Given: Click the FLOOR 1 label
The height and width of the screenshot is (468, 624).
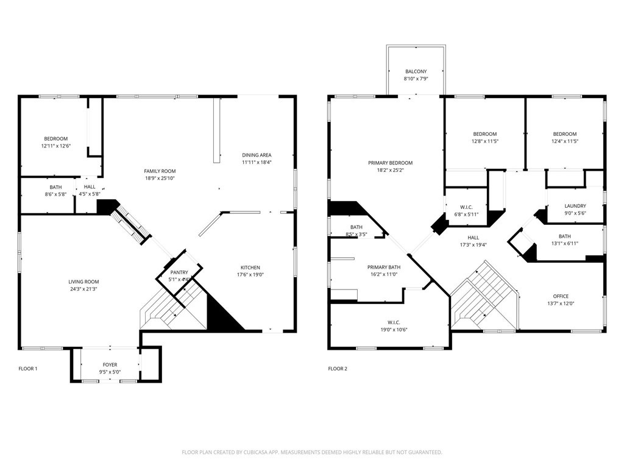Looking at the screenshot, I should pos(28,369).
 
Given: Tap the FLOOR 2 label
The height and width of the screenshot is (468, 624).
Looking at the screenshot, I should pos(338,369).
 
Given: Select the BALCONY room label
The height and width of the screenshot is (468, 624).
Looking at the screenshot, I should pos(416,71).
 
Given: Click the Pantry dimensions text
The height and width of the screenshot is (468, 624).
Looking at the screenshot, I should pos(179,280).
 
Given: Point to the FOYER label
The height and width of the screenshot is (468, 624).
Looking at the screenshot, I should pos(110,364).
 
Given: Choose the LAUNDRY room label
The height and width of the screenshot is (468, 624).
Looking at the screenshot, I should pos(575,206).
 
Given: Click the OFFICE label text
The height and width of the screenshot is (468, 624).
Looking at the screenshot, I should pos(561,296).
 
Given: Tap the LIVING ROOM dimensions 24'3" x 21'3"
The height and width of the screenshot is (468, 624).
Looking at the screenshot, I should pos(83,289).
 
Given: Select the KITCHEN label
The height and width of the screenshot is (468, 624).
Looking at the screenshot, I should pos(250,268).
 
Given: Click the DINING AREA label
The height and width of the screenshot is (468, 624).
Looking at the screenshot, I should pos(257,155).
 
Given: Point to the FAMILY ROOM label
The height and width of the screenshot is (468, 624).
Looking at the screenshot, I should pos(160,171).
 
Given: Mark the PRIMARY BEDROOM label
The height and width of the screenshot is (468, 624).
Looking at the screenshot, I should pos(390,163).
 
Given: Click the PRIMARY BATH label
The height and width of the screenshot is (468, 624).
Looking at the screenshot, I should pos(384,267).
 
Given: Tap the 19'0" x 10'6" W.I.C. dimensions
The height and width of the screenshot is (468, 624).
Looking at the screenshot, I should pos(394,330).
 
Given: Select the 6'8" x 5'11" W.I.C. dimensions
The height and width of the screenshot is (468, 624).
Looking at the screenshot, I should pos(466,214).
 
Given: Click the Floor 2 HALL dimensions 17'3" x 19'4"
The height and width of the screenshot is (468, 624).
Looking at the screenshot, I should pos(473,245).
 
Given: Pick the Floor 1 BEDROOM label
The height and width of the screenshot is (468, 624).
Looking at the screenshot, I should pos(55,138).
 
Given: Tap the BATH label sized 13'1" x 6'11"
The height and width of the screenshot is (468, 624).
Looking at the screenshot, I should pos(564,236).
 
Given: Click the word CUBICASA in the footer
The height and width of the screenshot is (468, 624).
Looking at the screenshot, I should pos(280,452).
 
